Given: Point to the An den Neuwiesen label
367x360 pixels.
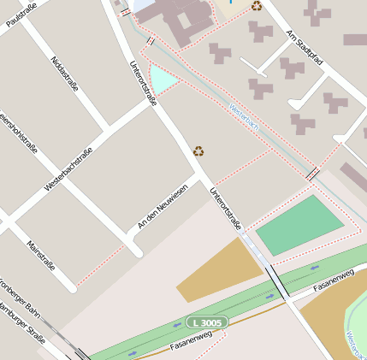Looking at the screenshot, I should (162, 206).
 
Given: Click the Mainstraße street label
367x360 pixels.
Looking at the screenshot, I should (40, 255).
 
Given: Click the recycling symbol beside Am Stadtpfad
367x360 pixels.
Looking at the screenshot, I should (257, 6).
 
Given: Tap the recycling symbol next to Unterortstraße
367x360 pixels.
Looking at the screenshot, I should (198, 150).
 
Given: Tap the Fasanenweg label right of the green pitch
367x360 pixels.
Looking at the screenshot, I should (334, 280).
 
